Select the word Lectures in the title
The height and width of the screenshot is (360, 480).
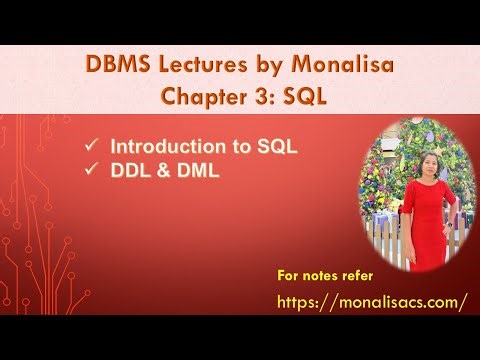pyautogui.click(x=198, y=67)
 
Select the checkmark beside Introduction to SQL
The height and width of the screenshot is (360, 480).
pyautogui.click(x=91, y=146)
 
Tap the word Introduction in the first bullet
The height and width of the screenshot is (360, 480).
pyautogui.click(x=153, y=146)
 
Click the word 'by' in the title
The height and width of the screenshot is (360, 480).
pyautogui.click(x=255, y=67)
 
